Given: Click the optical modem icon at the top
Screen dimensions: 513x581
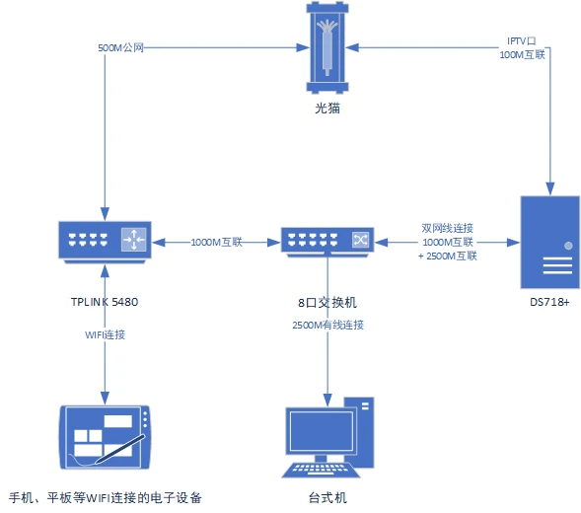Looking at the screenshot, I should pos(327,46).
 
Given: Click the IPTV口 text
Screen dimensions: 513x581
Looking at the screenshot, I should pos(521,41).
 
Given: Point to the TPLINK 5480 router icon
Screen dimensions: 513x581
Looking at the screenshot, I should pos(105,242).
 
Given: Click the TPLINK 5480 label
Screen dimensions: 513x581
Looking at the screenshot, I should pos(105,301).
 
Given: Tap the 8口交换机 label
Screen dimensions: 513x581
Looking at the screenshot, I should pos(327,301).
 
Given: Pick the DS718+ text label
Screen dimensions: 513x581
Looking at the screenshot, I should pos(548,301).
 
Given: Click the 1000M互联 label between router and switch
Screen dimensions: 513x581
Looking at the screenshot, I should pos(216,242).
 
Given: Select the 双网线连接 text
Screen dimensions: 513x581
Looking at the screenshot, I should pos(448,225).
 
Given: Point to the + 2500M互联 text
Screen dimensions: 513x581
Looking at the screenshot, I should pos(448,256).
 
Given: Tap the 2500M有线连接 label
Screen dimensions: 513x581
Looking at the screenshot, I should pos(327,325).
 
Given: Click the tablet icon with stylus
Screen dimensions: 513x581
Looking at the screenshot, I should pos(105,435).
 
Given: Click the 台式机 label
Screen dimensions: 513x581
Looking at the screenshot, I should pos(327,498).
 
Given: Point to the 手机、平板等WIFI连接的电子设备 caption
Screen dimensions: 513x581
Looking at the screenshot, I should pos(105,498).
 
